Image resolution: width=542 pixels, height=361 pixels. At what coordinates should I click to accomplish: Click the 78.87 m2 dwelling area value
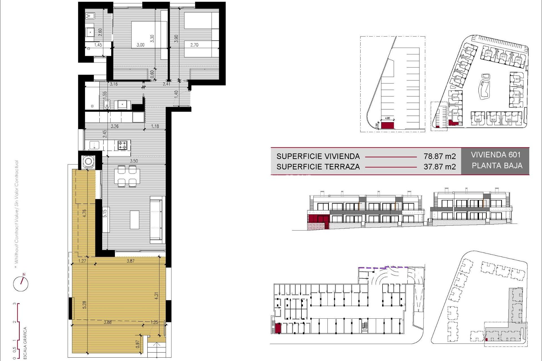pyautogui.click(x=440, y=156)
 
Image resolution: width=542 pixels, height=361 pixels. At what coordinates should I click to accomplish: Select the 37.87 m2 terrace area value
pyautogui.click(x=440, y=167)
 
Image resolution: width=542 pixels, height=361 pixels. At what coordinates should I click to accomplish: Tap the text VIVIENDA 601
pyautogui.click(x=495, y=155)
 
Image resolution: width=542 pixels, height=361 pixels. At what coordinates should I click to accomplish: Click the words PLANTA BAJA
pyautogui.click(x=497, y=166)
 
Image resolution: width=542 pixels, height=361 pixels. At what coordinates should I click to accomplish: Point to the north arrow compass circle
pyautogui.click(x=21, y=284)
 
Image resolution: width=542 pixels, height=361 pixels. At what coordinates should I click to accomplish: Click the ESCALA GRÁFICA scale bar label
pyautogui.click(x=25, y=343)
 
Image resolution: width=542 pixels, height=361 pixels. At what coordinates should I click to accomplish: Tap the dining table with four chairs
pyautogui.click(x=127, y=176)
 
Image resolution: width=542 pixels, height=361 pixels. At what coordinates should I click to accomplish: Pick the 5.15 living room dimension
pyautogui.click(x=105, y=213)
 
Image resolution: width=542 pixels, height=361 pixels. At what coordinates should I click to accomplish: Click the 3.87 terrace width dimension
pyautogui.click(x=130, y=261)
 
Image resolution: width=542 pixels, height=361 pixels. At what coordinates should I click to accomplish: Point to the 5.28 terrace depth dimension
pyautogui.click(x=84, y=305)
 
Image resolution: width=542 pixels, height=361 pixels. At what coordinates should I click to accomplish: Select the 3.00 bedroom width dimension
pyautogui.click(x=140, y=45)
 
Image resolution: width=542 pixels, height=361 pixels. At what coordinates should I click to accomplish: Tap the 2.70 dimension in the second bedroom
pyautogui.click(x=194, y=45)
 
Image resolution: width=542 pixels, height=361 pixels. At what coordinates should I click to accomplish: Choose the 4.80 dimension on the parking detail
pyautogui.click(x=388, y=118)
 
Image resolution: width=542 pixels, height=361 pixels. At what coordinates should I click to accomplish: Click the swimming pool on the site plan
pyautogui.click(x=484, y=87)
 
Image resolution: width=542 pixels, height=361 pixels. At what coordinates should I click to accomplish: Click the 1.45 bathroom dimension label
pyautogui.click(x=98, y=45)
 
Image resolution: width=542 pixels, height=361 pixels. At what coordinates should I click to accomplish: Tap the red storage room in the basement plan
pyautogui.click(x=278, y=328)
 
